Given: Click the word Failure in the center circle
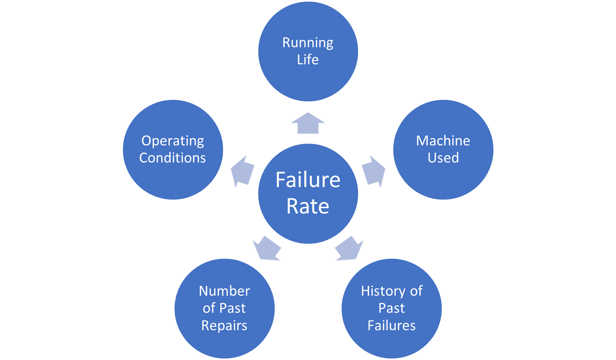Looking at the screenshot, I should pyautogui.click(x=308, y=180).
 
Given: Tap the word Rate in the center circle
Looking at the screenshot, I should pyautogui.click(x=308, y=206).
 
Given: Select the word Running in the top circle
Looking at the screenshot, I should pyautogui.click(x=308, y=43).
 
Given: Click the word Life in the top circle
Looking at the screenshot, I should pyautogui.click(x=308, y=60).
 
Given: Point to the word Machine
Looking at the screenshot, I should pyautogui.click(x=443, y=141).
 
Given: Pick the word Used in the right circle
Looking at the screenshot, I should pyautogui.click(x=443, y=158).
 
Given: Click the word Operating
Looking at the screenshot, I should pyautogui.click(x=173, y=141).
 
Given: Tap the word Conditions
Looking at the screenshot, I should pyautogui.click(x=173, y=158).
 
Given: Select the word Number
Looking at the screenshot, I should pyautogui.click(x=224, y=291).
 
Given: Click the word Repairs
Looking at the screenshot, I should pyautogui.click(x=224, y=326).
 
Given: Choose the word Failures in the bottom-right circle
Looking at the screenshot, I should pyautogui.click(x=391, y=326).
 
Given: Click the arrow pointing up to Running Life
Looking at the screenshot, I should pyautogui.click(x=308, y=124).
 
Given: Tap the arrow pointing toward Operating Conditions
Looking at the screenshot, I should pyautogui.click(x=242, y=172).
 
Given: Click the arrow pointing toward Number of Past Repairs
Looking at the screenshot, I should pyautogui.click(x=267, y=249).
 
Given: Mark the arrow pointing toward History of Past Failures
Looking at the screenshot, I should pyautogui.click(x=349, y=249).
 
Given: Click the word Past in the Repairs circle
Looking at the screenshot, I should pyautogui.click(x=233, y=308).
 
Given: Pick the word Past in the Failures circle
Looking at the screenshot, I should pyautogui.click(x=391, y=308).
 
